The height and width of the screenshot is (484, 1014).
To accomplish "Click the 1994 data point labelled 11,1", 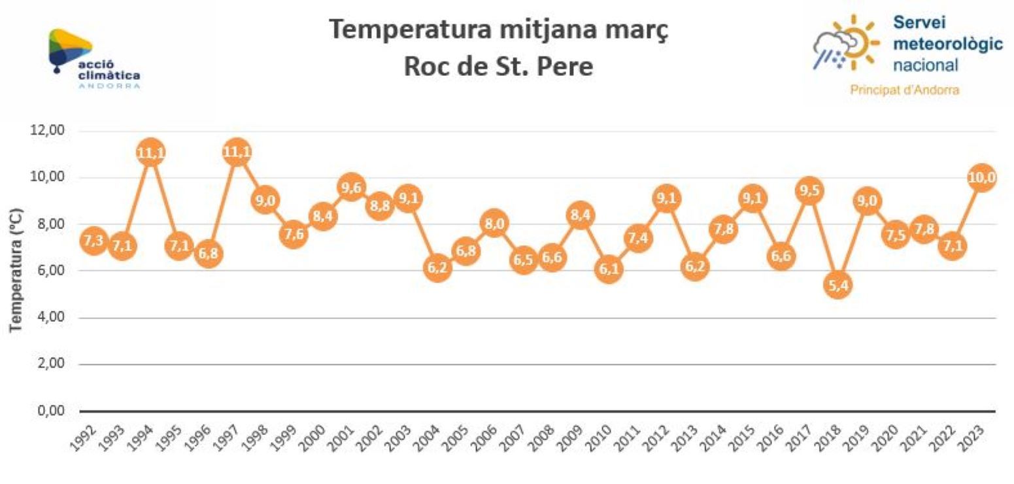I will [x=150, y=153].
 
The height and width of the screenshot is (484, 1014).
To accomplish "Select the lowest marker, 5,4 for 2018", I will [x=838, y=286].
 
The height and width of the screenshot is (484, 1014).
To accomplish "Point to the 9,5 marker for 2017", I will [x=809, y=190].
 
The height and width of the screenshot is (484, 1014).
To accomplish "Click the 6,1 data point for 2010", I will [x=609, y=269].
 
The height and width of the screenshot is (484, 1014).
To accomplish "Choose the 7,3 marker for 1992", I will [x=93, y=241].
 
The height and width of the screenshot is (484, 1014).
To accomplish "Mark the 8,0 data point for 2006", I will [x=494, y=224].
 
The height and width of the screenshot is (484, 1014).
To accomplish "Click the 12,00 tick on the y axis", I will [x=47, y=130].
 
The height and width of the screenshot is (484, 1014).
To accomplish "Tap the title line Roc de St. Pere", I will [x=498, y=67].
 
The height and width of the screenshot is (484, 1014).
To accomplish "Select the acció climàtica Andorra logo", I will [x=92, y=59].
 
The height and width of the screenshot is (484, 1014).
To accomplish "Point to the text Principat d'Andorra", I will [x=904, y=90].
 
